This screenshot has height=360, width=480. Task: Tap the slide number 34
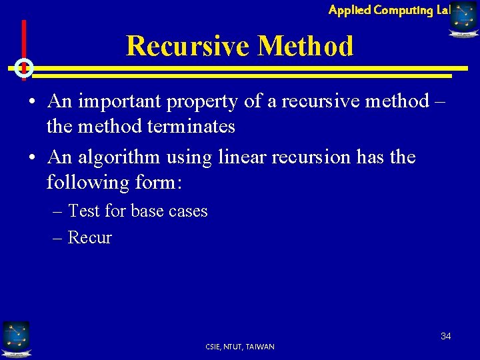tap(445, 336)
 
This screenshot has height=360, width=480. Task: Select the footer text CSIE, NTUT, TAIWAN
tap(240, 347)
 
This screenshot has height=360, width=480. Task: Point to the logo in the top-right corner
tap(463, 18)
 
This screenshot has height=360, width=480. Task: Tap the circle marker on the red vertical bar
tap(24, 67)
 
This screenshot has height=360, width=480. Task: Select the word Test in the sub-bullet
tap(83, 211)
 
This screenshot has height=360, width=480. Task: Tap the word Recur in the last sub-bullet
tap(90, 238)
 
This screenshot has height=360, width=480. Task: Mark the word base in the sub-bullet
tap(147, 211)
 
